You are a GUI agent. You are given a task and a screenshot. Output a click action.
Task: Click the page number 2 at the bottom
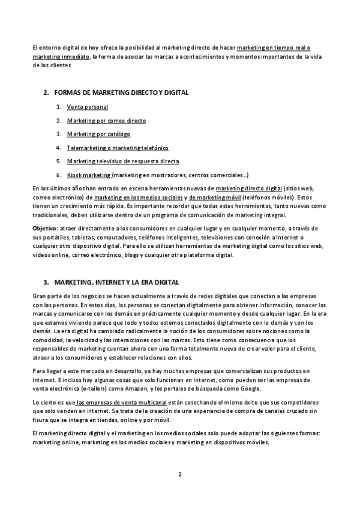coord(179,475)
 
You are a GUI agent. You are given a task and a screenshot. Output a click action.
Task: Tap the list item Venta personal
coord(88,107)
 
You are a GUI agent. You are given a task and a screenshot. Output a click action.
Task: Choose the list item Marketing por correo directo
coord(106,121)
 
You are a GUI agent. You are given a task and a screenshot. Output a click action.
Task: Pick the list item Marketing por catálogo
coord(98,134)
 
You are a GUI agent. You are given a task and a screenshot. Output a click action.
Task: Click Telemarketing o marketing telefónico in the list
coord(118,148)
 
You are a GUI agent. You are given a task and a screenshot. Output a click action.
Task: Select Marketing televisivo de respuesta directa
coord(123,161)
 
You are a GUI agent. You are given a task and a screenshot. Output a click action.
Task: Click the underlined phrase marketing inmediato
coord(61,56)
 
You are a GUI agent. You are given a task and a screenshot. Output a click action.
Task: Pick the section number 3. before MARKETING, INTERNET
coord(46,282)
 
